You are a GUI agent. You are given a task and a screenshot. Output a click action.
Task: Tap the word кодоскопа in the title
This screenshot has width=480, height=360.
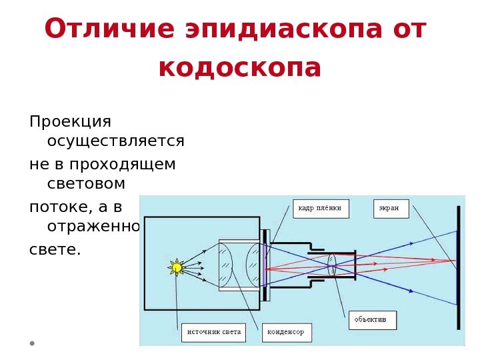coord(240,67)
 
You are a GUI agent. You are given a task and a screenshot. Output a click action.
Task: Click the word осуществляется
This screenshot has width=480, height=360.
coord(116,141)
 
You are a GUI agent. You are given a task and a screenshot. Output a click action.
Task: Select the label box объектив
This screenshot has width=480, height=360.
coord(371,320)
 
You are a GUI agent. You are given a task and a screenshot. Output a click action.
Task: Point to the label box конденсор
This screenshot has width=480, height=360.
coord(286,331)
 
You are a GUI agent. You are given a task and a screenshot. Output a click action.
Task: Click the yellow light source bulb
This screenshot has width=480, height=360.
coord(176,268)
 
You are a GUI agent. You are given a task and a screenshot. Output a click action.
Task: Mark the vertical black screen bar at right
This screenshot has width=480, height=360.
coord(458,267)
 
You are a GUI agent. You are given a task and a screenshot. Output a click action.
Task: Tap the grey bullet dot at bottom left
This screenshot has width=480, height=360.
coord(31,344)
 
